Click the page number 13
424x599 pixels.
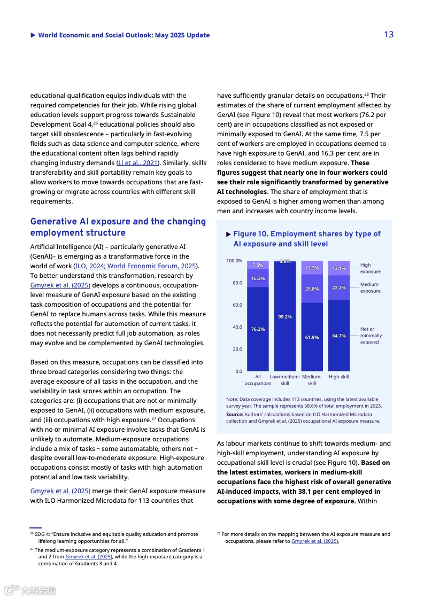coord(389,35)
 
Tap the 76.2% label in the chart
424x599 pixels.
coord(258,329)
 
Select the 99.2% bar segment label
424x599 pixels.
coord(285,317)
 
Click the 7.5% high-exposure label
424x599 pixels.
coord(258,265)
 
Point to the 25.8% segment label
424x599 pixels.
coord(312,289)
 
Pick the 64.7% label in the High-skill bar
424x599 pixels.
coord(339,336)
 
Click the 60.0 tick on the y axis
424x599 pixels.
coord(237,305)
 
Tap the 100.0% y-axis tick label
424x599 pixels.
coord(234,261)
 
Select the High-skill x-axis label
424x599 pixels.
coord(339,377)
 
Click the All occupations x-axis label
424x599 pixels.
coord(258,380)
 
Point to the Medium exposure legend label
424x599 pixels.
coord(370,287)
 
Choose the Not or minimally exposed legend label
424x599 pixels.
coord(371,336)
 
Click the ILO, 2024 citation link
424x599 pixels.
coord(89,266)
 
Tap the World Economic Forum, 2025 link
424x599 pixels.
coord(152,266)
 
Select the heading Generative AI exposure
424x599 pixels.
coord(118,227)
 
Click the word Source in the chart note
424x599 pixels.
coord(234,414)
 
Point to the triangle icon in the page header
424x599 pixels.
coord(33,35)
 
